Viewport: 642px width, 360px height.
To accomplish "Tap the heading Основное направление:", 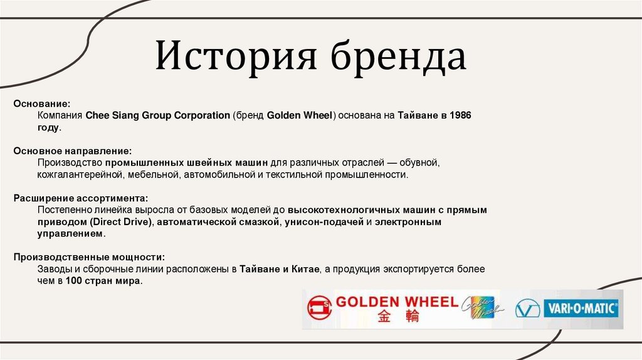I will (73, 151).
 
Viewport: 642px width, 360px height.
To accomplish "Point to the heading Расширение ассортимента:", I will (80, 198).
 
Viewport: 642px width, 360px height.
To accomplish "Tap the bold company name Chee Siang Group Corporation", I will (157, 115).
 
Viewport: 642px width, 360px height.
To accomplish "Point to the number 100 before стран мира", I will (73, 281).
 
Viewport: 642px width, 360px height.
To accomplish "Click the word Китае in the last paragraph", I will (305, 269).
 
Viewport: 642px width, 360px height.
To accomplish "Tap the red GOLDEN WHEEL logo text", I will (397, 302).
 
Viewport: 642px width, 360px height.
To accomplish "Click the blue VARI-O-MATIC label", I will (581, 309).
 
